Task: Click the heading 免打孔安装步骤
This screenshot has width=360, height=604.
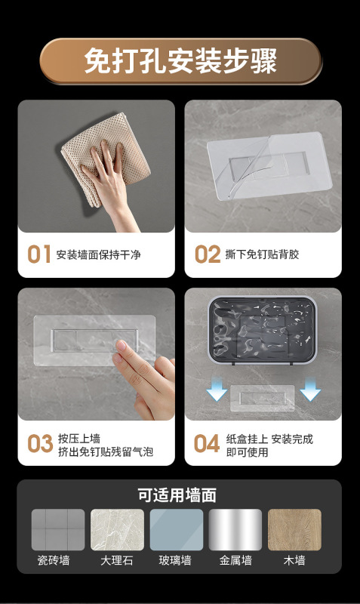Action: pos(180,61)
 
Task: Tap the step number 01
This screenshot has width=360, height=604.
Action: pos(39,254)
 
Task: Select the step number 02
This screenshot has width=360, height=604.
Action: pos(207,254)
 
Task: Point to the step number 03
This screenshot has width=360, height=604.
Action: pos(40,444)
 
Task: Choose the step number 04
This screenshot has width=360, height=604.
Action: pos(206,444)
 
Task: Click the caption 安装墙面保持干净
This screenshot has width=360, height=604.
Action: pos(99,255)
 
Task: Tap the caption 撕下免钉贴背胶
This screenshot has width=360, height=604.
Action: pos(262,254)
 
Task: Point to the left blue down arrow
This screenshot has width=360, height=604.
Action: pos(217,389)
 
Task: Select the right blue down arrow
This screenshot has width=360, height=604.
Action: pos(310,389)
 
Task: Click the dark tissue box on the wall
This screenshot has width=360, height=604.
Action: pos(263,330)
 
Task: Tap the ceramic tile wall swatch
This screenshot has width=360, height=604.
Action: pos(58,530)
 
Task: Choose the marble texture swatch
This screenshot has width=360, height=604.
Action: pos(117,530)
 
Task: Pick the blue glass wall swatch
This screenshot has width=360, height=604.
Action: pos(177,530)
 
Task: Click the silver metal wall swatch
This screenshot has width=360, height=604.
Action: pos(235,530)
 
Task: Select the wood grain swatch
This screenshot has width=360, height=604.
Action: pos(294,530)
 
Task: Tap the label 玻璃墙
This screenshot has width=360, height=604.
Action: pos(175,560)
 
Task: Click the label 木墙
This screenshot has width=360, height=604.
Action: pos(294,560)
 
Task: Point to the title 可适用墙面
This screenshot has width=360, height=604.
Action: pos(177,495)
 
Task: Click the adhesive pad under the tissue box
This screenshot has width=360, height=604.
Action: pos(262,399)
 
